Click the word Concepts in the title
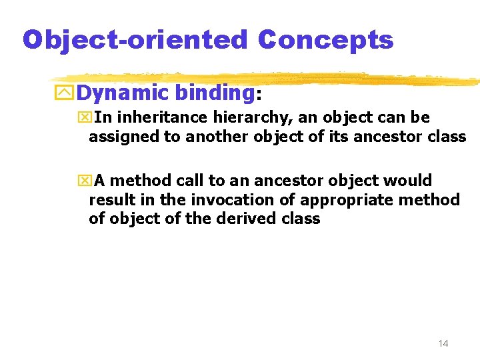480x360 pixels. tap(326, 40)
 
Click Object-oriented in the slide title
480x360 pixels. tap(135, 40)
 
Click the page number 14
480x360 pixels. tap(443, 343)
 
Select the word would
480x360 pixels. tap(409, 181)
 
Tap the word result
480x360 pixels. tap(110, 199)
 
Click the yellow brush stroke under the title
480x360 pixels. tap(267, 78)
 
